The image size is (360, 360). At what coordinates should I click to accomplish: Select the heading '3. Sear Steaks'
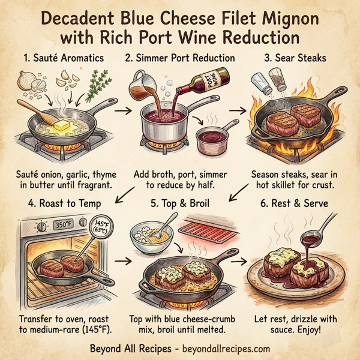[x=295, y=59]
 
